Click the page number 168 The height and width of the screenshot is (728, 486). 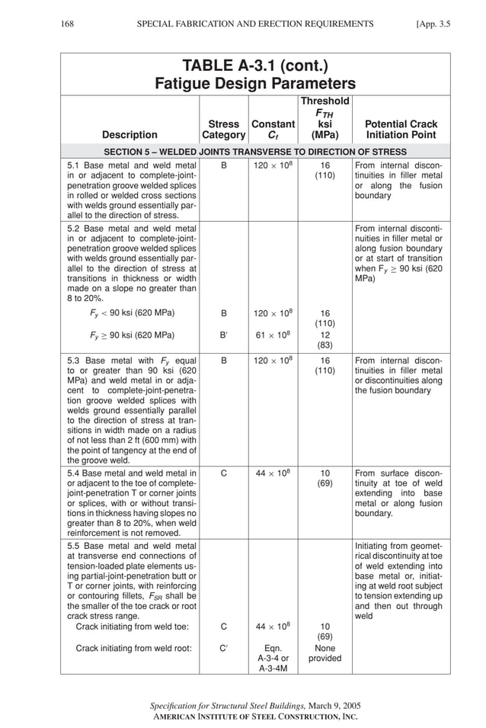point(67,24)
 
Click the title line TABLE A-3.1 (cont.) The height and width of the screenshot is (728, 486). point(255,66)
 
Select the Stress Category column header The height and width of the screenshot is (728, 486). point(223,129)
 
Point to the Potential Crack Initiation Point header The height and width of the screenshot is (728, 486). point(401,129)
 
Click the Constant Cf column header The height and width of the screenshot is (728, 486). point(273,129)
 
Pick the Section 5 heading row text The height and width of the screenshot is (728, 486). point(255,152)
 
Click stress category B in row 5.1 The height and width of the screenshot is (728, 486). point(223,164)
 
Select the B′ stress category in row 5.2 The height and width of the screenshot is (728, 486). point(223,335)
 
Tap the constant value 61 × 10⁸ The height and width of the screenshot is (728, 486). point(273,335)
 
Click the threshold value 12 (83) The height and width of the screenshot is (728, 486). point(325,340)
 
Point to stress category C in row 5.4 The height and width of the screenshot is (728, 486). point(223,473)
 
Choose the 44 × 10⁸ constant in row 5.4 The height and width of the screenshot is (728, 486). point(273,473)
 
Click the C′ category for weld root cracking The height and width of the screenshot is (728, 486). point(223,648)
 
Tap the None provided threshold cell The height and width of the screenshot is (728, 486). point(325,653)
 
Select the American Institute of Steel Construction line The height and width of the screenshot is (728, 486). point(255,717)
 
